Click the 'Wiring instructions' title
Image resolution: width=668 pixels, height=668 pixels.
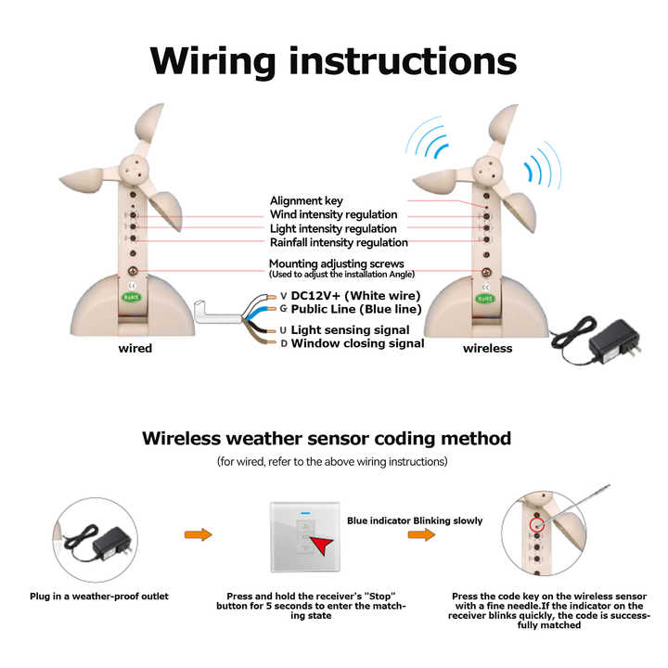(x=333, y=60)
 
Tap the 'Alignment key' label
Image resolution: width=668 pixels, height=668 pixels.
(x=306, y=200)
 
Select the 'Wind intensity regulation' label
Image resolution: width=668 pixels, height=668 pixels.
(x=333, y=214)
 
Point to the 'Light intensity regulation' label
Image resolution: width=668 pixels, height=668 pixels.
(x=333, y=228)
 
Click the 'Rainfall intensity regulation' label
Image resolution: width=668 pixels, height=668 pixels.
(x=339, y=242)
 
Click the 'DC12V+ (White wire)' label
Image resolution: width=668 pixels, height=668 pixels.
(x=356, y=296)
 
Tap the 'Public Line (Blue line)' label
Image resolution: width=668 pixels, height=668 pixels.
(x=356, y=309)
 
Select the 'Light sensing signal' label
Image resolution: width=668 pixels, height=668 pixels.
(x=350, y=329)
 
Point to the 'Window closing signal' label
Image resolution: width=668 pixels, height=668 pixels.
(x=357, y=343)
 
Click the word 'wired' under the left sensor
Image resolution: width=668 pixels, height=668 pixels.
(x=135, y=349)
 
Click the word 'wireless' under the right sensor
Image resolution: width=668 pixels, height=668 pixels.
(x=487, y=349)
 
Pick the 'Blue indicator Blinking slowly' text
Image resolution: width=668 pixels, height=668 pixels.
(x=415, y=520)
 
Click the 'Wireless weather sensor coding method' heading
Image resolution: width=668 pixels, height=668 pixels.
(x=326, y=438)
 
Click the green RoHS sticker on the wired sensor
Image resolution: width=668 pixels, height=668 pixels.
(x=132, y=298)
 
